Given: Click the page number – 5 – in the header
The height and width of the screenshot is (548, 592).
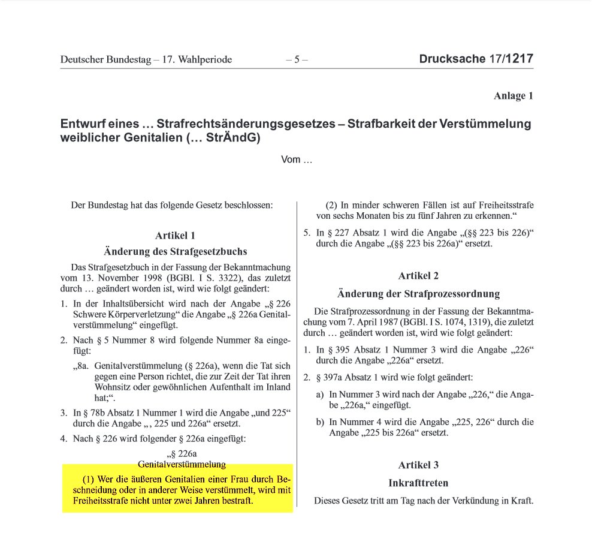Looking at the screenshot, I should click(297, 59).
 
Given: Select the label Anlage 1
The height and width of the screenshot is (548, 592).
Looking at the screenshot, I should click(513, 96).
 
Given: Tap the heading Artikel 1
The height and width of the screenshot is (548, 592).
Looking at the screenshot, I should click(175, 236).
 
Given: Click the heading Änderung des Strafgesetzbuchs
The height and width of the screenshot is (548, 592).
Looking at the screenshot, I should click(175, 251).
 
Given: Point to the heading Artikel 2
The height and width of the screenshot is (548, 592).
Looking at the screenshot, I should click(418, 276).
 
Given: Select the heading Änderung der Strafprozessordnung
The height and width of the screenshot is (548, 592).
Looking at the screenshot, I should click(418, 294).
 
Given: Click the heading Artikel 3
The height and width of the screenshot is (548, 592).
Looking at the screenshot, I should click(418, 465).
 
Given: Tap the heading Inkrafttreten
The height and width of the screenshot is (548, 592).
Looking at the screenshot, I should click(418, 483).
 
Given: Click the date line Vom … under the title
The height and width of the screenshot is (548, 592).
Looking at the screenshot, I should click(297, 160).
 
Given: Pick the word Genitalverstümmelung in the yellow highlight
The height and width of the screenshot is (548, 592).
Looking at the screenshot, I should click(182, 464).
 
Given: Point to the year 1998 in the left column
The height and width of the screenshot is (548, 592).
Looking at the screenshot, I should click(137, 278).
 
